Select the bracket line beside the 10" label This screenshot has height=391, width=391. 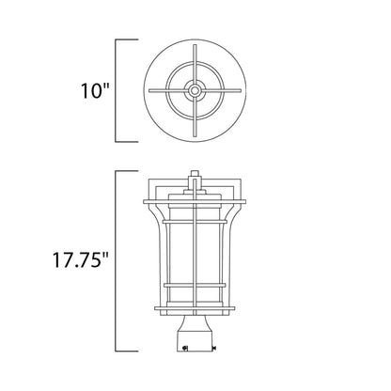click(x=117, y=91)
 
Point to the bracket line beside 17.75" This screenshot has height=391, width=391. click(x=117, y=258)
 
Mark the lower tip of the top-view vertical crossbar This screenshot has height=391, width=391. click(x=195, y=137)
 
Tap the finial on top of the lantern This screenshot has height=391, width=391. click(x=195, y=175)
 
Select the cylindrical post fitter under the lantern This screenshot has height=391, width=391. click(x=195, y=334)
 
